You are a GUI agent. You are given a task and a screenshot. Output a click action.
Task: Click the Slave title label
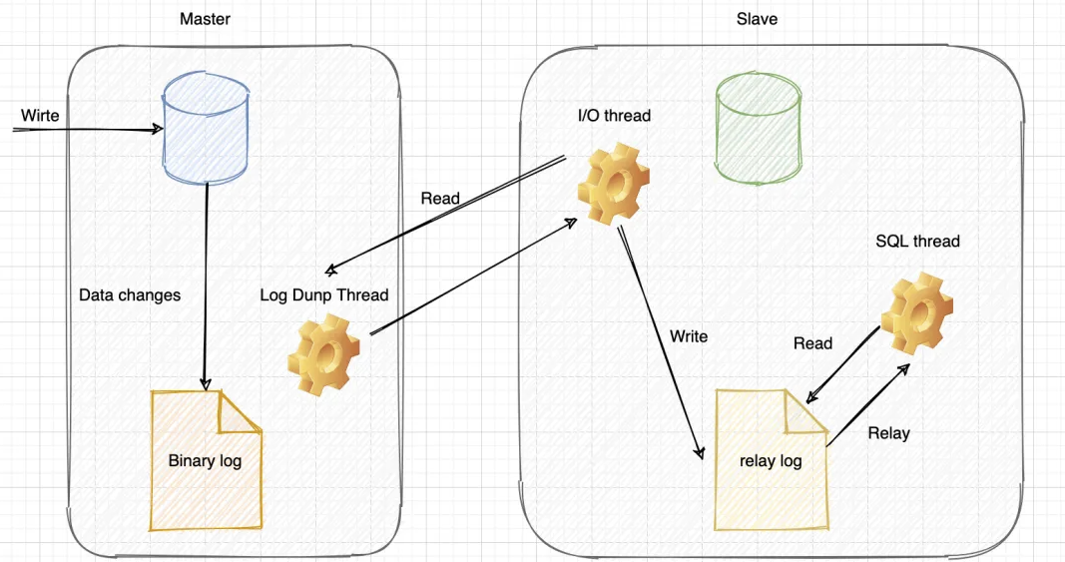tap(757, 19)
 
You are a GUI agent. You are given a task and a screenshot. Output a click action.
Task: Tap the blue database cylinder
tap(206, 129)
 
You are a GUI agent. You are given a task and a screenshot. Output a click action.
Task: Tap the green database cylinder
tap(758, 127)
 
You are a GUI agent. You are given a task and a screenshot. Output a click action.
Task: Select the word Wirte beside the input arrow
tap(40, 116)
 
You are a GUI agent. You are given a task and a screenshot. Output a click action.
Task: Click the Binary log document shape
tap(205, 460)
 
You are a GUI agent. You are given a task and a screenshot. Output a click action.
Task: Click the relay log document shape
tap(771, 461)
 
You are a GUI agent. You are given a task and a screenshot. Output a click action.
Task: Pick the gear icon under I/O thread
tap(614, 185)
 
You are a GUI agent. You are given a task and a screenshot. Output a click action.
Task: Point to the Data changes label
tap(130, 295)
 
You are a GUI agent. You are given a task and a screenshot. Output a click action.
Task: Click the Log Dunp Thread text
tap(323, 295)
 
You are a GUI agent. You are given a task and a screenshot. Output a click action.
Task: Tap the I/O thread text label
tap(614, 116)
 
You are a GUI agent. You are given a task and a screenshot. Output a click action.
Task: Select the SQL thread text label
tap(917, 241)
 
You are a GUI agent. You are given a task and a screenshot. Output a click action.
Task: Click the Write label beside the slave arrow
tap(689, 336)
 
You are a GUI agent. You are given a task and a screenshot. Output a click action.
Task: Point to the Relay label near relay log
tap(888, 433)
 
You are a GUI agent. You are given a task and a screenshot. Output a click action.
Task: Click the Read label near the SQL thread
tap(812, 343)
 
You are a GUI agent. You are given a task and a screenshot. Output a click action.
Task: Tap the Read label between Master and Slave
tap(440, 198)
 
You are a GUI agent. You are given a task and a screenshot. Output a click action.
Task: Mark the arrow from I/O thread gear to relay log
tap(659, 339)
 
